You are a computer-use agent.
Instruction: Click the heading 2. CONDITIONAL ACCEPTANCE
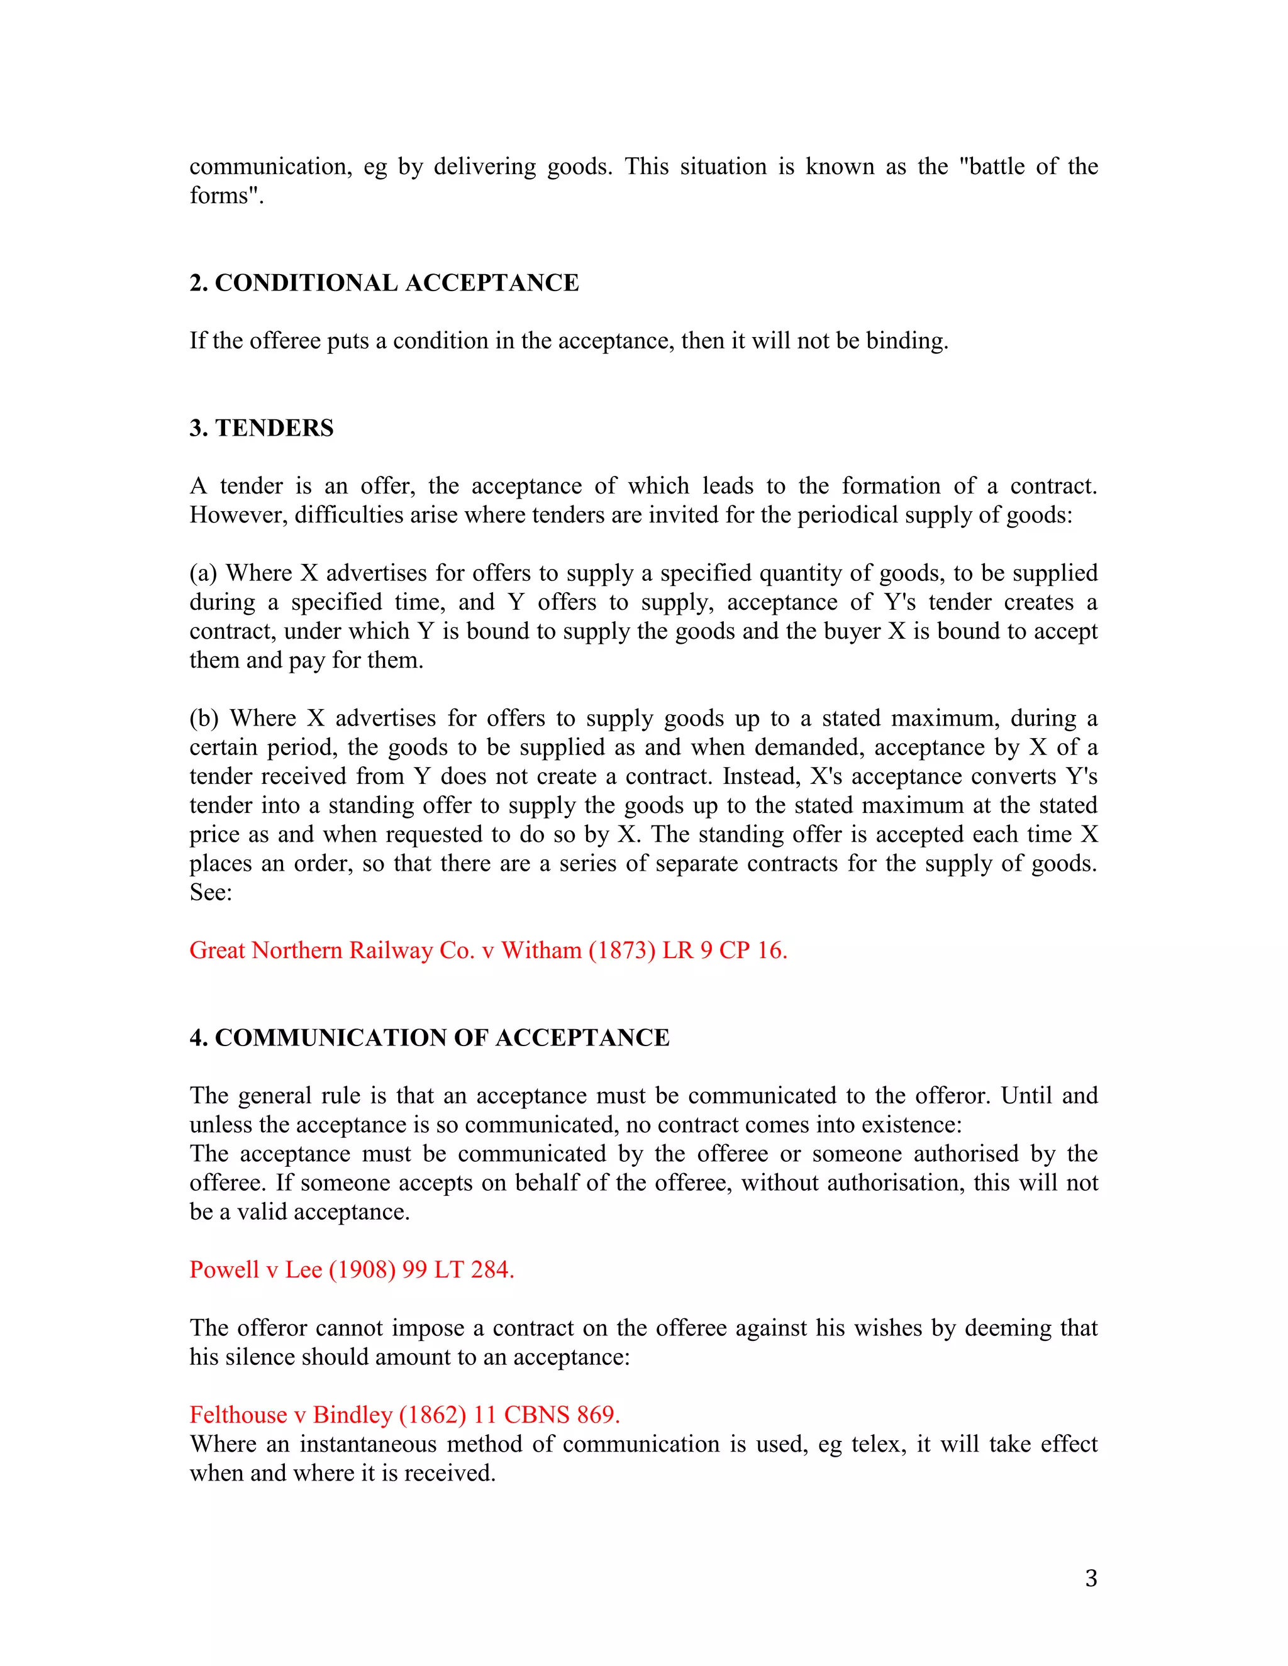pos(384,283)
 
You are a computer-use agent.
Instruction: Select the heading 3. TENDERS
pos(262,428)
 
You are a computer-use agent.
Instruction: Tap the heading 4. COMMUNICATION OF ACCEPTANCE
pos(430,1037)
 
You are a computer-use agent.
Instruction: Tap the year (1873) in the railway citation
pos(622,951)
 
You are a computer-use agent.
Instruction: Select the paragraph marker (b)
pos(204,718)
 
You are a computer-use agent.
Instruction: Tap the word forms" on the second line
pos(226,196)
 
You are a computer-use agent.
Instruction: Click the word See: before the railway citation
pos(211,893)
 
